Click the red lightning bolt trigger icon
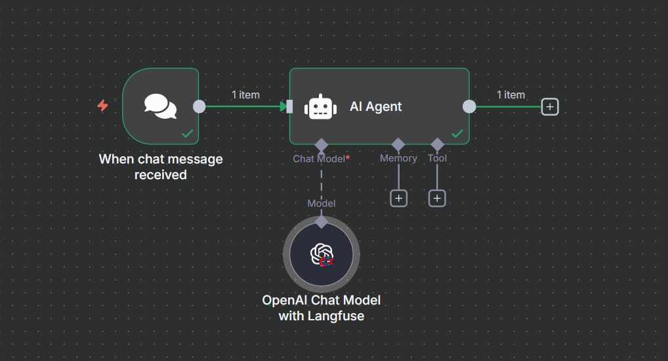tap(103, 106)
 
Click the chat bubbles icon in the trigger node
tap(161, 106)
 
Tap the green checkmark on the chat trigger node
tap(188, 133)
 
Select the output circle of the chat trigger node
tap(199, 106)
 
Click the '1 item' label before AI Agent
tap(245, 95)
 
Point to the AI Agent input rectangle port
tap(289, 106)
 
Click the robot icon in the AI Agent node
tap(320, 107)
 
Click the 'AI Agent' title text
tap(376, 107)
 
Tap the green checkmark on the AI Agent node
tap(457, 133)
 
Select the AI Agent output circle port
tap(469, 106)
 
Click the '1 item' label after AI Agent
tap(511, 95)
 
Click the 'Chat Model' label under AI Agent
tap(319, 158)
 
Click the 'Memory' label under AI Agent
tap(398, 158)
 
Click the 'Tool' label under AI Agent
tap(437, 158)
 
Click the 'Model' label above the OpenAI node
tap(322, 203)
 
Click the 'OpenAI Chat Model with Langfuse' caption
tap(322, 308)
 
